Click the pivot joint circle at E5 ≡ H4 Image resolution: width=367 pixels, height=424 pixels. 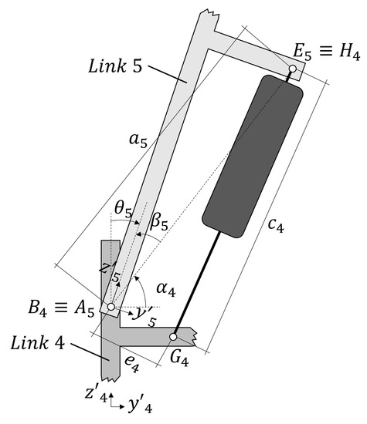293,69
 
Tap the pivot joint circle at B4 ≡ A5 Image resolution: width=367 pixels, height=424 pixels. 110,307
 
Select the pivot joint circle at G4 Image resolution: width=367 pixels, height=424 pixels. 173,337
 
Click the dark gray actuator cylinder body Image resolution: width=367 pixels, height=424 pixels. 253,156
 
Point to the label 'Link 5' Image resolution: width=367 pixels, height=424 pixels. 115,66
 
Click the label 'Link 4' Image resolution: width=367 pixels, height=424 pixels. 38,343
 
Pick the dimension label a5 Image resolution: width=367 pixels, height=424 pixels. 138,140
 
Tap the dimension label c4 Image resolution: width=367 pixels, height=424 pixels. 276,225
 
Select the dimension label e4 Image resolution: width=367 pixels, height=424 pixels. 131,364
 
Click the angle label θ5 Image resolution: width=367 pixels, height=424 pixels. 124,210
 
